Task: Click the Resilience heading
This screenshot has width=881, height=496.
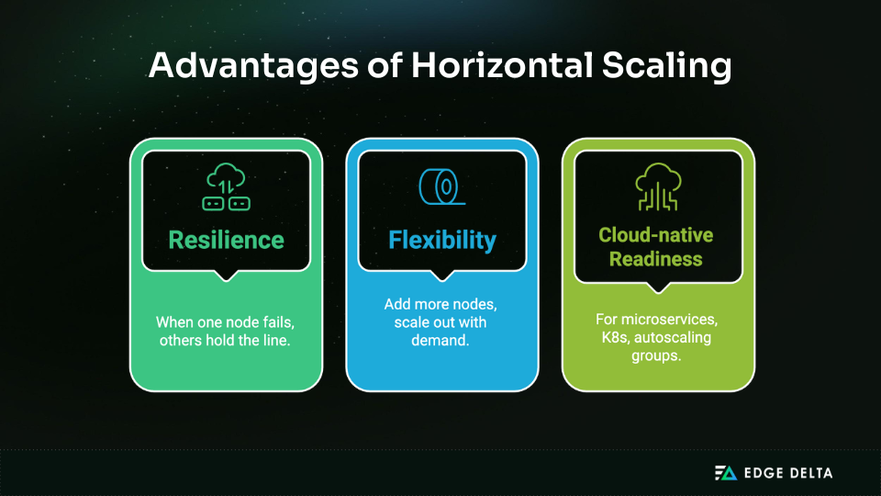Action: pos(226,241)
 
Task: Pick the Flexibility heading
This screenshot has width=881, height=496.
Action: pos(442,241)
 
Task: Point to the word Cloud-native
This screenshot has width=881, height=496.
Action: pos(656,235)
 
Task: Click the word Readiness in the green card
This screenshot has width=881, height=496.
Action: pos(657,259)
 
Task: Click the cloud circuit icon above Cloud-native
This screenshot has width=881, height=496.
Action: pos(658,186)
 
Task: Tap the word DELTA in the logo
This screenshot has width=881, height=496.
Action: pos(806,473)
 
